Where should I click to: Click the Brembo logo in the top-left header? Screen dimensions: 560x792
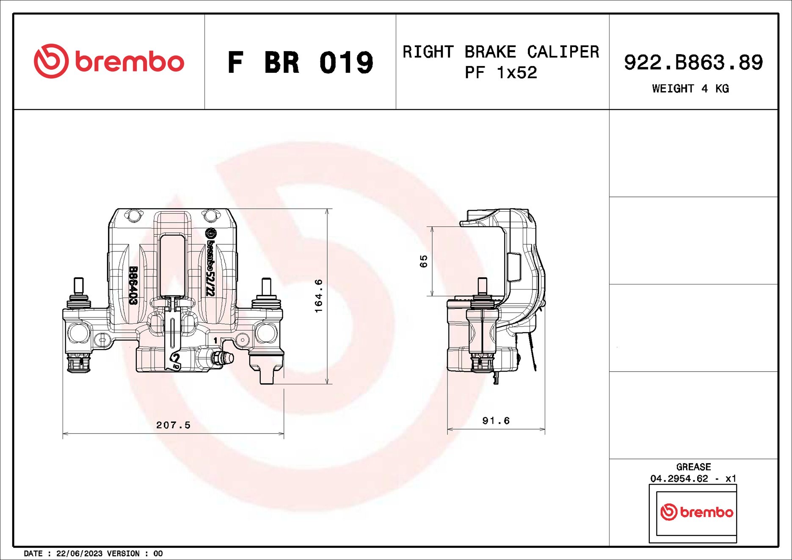[x=109, y=61]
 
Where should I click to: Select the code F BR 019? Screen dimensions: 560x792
[x=300, y=63]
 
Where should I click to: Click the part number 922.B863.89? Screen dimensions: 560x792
[x=693, y=62]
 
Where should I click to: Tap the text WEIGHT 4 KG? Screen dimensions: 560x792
[x=690, y=88]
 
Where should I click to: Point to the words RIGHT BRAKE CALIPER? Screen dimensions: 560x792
[x=501, y=52]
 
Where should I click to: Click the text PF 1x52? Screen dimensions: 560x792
[x=501, y=73]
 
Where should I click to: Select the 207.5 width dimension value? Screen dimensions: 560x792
[x=173, y=425]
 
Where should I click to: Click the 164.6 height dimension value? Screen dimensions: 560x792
[x=319, y=296]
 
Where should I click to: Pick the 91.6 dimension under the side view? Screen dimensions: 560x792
[x=496, y=421]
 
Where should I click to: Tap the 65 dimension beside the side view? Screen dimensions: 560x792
[x=424, y=261]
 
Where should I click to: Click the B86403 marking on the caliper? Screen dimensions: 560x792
[x=133, y=285]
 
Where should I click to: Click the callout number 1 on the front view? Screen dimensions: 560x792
[x=215, y=340]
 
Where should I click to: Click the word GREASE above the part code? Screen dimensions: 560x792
[x=693, y=467]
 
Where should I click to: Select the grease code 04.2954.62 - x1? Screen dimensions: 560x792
[x=693, y=478]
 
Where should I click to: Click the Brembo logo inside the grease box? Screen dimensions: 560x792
[x=696, y=512]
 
